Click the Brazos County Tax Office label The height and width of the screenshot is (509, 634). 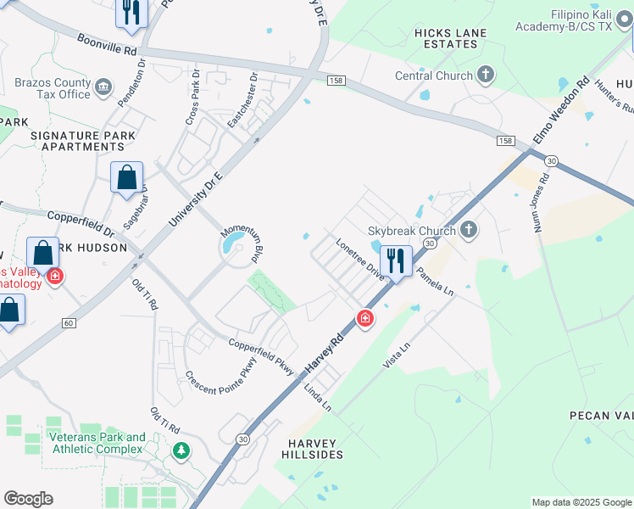point(53,89)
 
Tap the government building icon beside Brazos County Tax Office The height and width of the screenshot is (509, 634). point(103,86)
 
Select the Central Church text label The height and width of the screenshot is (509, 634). point(434,76)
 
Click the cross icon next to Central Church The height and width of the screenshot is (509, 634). point(486,76)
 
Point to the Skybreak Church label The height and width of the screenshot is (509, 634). point(411,230)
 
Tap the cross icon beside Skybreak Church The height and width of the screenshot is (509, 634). point(469,230)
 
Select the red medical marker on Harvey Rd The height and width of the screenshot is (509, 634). point(364,319)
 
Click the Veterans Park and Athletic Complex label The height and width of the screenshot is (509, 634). point(97,443)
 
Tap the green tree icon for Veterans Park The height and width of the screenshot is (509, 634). point(180,450)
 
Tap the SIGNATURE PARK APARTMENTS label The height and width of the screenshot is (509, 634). point(78,141)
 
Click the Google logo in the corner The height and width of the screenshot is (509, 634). point(28,499)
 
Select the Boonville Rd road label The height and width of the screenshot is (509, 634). point(107,44)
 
